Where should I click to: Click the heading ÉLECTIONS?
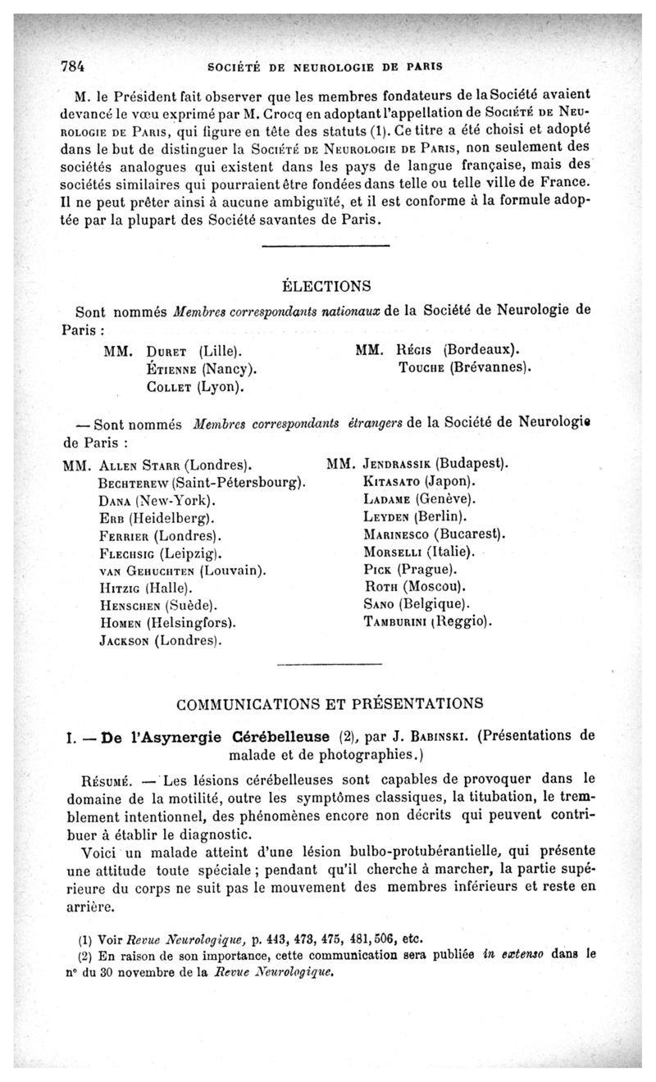[326, 286]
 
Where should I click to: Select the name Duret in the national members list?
[171, 350]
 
